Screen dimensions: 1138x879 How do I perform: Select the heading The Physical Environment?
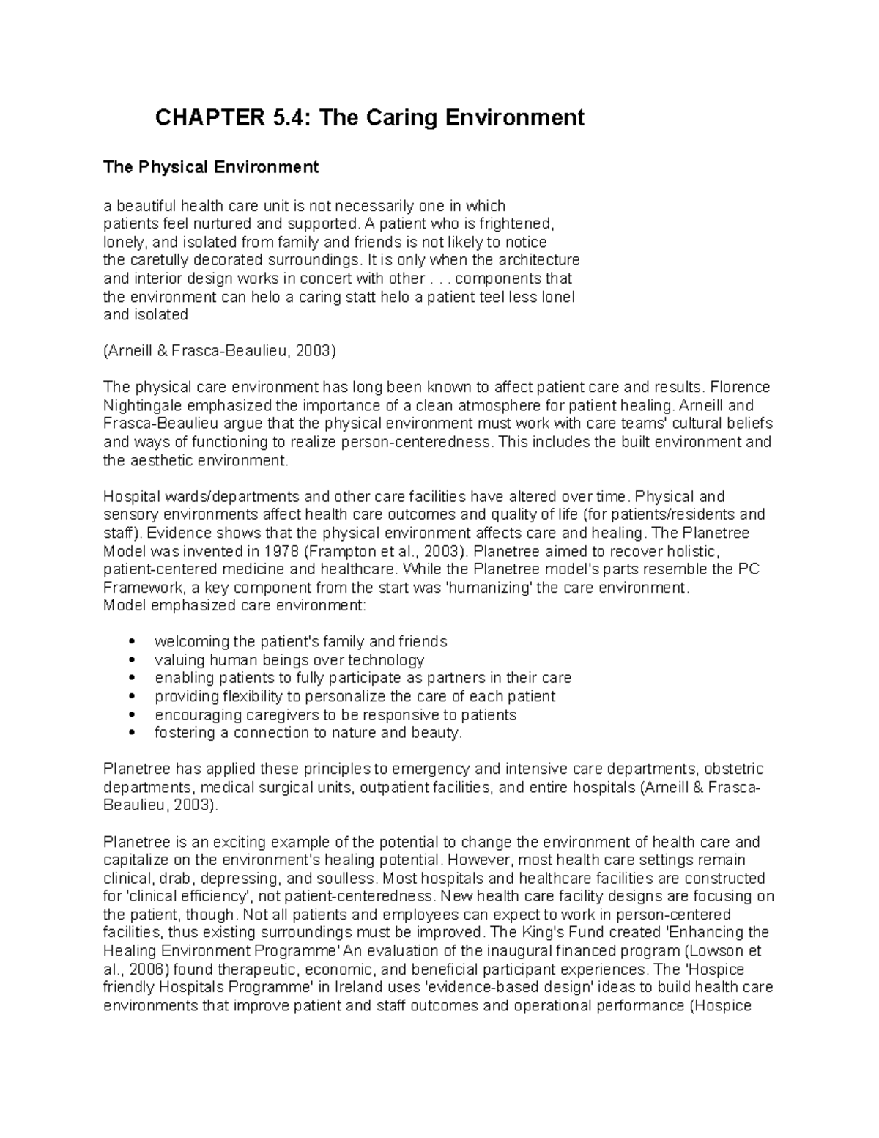point(211,167)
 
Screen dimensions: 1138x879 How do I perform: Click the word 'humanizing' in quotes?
point(489,588)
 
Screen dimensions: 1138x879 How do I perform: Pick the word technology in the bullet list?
point(390,660)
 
